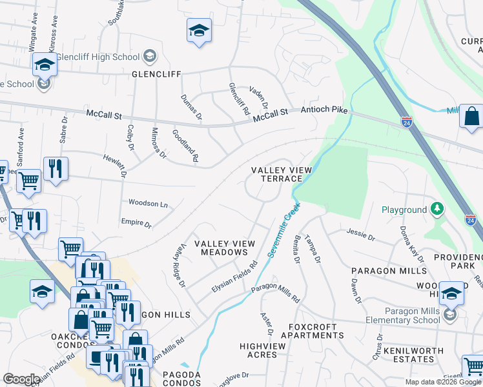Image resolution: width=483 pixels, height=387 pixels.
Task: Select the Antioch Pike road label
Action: point(323,111)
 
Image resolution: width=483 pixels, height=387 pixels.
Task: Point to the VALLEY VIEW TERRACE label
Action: point(282,174)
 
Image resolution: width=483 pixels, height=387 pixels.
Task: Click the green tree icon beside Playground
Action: point(438,209)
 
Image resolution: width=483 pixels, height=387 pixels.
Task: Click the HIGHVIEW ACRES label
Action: point(258,351)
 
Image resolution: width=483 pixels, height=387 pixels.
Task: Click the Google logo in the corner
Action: point(21,379)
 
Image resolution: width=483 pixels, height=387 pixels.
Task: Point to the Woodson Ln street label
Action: point(148,204)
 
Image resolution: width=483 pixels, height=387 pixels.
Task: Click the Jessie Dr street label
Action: point(360,234)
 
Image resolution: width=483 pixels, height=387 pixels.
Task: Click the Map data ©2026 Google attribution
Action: point(443,382)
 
